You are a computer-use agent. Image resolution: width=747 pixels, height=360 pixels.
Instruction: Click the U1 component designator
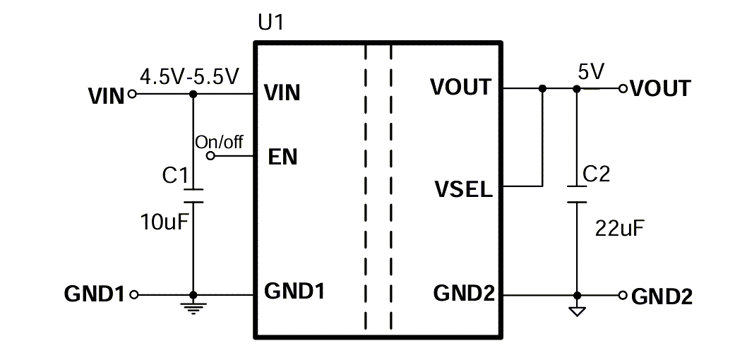tap(270, 23)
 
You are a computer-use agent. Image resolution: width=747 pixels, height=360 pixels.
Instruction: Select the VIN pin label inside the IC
tap(282, 92)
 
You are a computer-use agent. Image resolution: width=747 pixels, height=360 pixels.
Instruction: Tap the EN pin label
tap(283, 157)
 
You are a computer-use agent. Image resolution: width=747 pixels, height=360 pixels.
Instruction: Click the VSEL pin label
tap(464, 190)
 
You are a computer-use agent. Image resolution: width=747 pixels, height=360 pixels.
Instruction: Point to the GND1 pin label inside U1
tap(294, 291)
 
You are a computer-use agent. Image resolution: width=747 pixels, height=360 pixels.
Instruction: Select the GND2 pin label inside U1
tap(464, 292)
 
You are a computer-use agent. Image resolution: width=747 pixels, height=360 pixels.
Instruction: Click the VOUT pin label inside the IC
tap(460, 87)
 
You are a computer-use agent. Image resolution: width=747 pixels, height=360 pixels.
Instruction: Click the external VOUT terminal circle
tap(622, 89)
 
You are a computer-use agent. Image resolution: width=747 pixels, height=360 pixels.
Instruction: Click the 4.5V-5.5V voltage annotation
tap(190, 76)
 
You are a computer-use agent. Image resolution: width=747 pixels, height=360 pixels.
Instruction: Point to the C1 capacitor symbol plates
tap(193, 195)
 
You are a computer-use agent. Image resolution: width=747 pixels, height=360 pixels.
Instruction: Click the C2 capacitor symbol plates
tap(577, 194)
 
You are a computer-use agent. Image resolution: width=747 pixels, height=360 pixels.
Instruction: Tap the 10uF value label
tap(163, 224)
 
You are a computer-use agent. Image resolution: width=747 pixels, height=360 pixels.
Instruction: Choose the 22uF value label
tap(621, 228)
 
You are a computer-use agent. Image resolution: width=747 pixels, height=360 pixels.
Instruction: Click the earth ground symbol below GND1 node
tap(193, 306)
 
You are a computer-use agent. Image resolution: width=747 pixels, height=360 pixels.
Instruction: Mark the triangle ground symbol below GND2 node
tap(577, 310)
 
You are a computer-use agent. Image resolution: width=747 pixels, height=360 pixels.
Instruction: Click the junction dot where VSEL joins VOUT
tap(542, 89)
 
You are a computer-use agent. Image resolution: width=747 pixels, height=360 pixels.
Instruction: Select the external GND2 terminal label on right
tap(662, 296)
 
